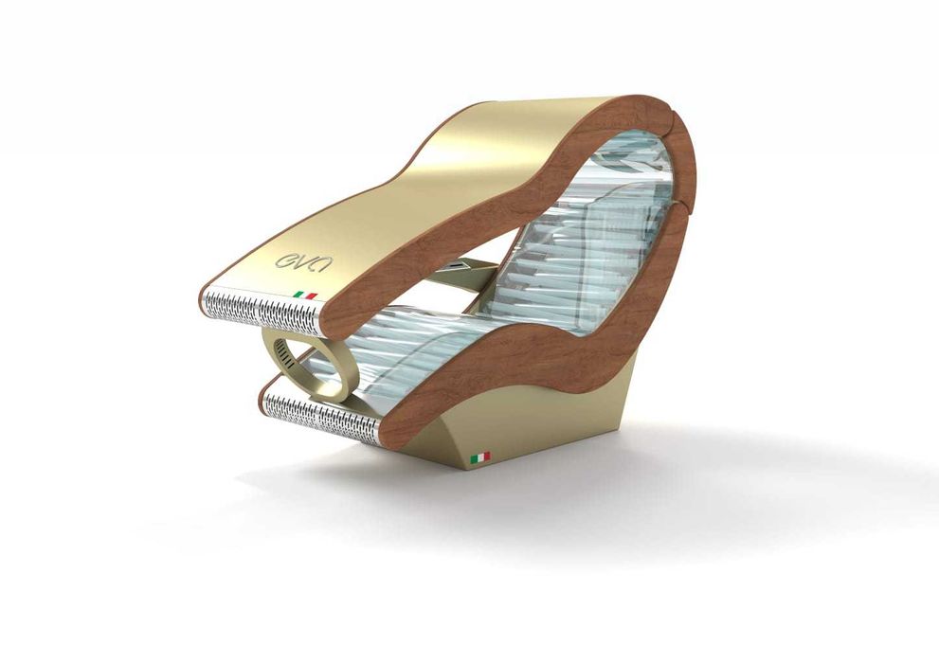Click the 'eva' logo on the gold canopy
(x=303, y=261)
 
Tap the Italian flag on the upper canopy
(x=305, y=295)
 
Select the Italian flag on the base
(x=479, y=457)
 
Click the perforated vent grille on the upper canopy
(x=262, y=310)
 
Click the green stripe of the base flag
(x=473, y=459)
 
